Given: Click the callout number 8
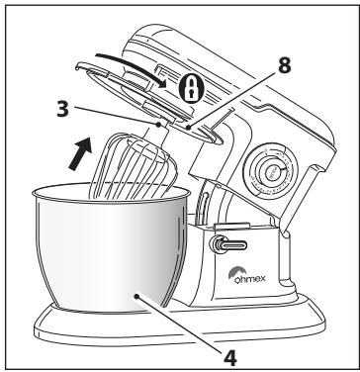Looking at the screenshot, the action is [x=285, y=65].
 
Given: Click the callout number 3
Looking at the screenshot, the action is [x=63, y=109].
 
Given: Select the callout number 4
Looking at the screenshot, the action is [x=230, y=357].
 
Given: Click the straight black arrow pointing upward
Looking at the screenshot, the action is [x=80, y=154].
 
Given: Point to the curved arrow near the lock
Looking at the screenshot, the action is [x=132, y=67].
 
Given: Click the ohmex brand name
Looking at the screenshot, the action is [x=250, y=279].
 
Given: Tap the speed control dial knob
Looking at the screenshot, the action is [x=270, y=171].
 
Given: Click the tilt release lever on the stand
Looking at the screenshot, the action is [x=228, y=245].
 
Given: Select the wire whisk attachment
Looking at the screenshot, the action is [x=134, y=165].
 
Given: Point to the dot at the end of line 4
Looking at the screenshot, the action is [x=137, y=297].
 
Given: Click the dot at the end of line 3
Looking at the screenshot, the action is [x=158, y=125].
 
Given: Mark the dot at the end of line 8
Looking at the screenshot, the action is [x=188, y=127].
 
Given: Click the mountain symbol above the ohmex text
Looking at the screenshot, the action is [x=234, y=272].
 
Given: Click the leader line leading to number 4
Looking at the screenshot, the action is [x=180, y=324].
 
